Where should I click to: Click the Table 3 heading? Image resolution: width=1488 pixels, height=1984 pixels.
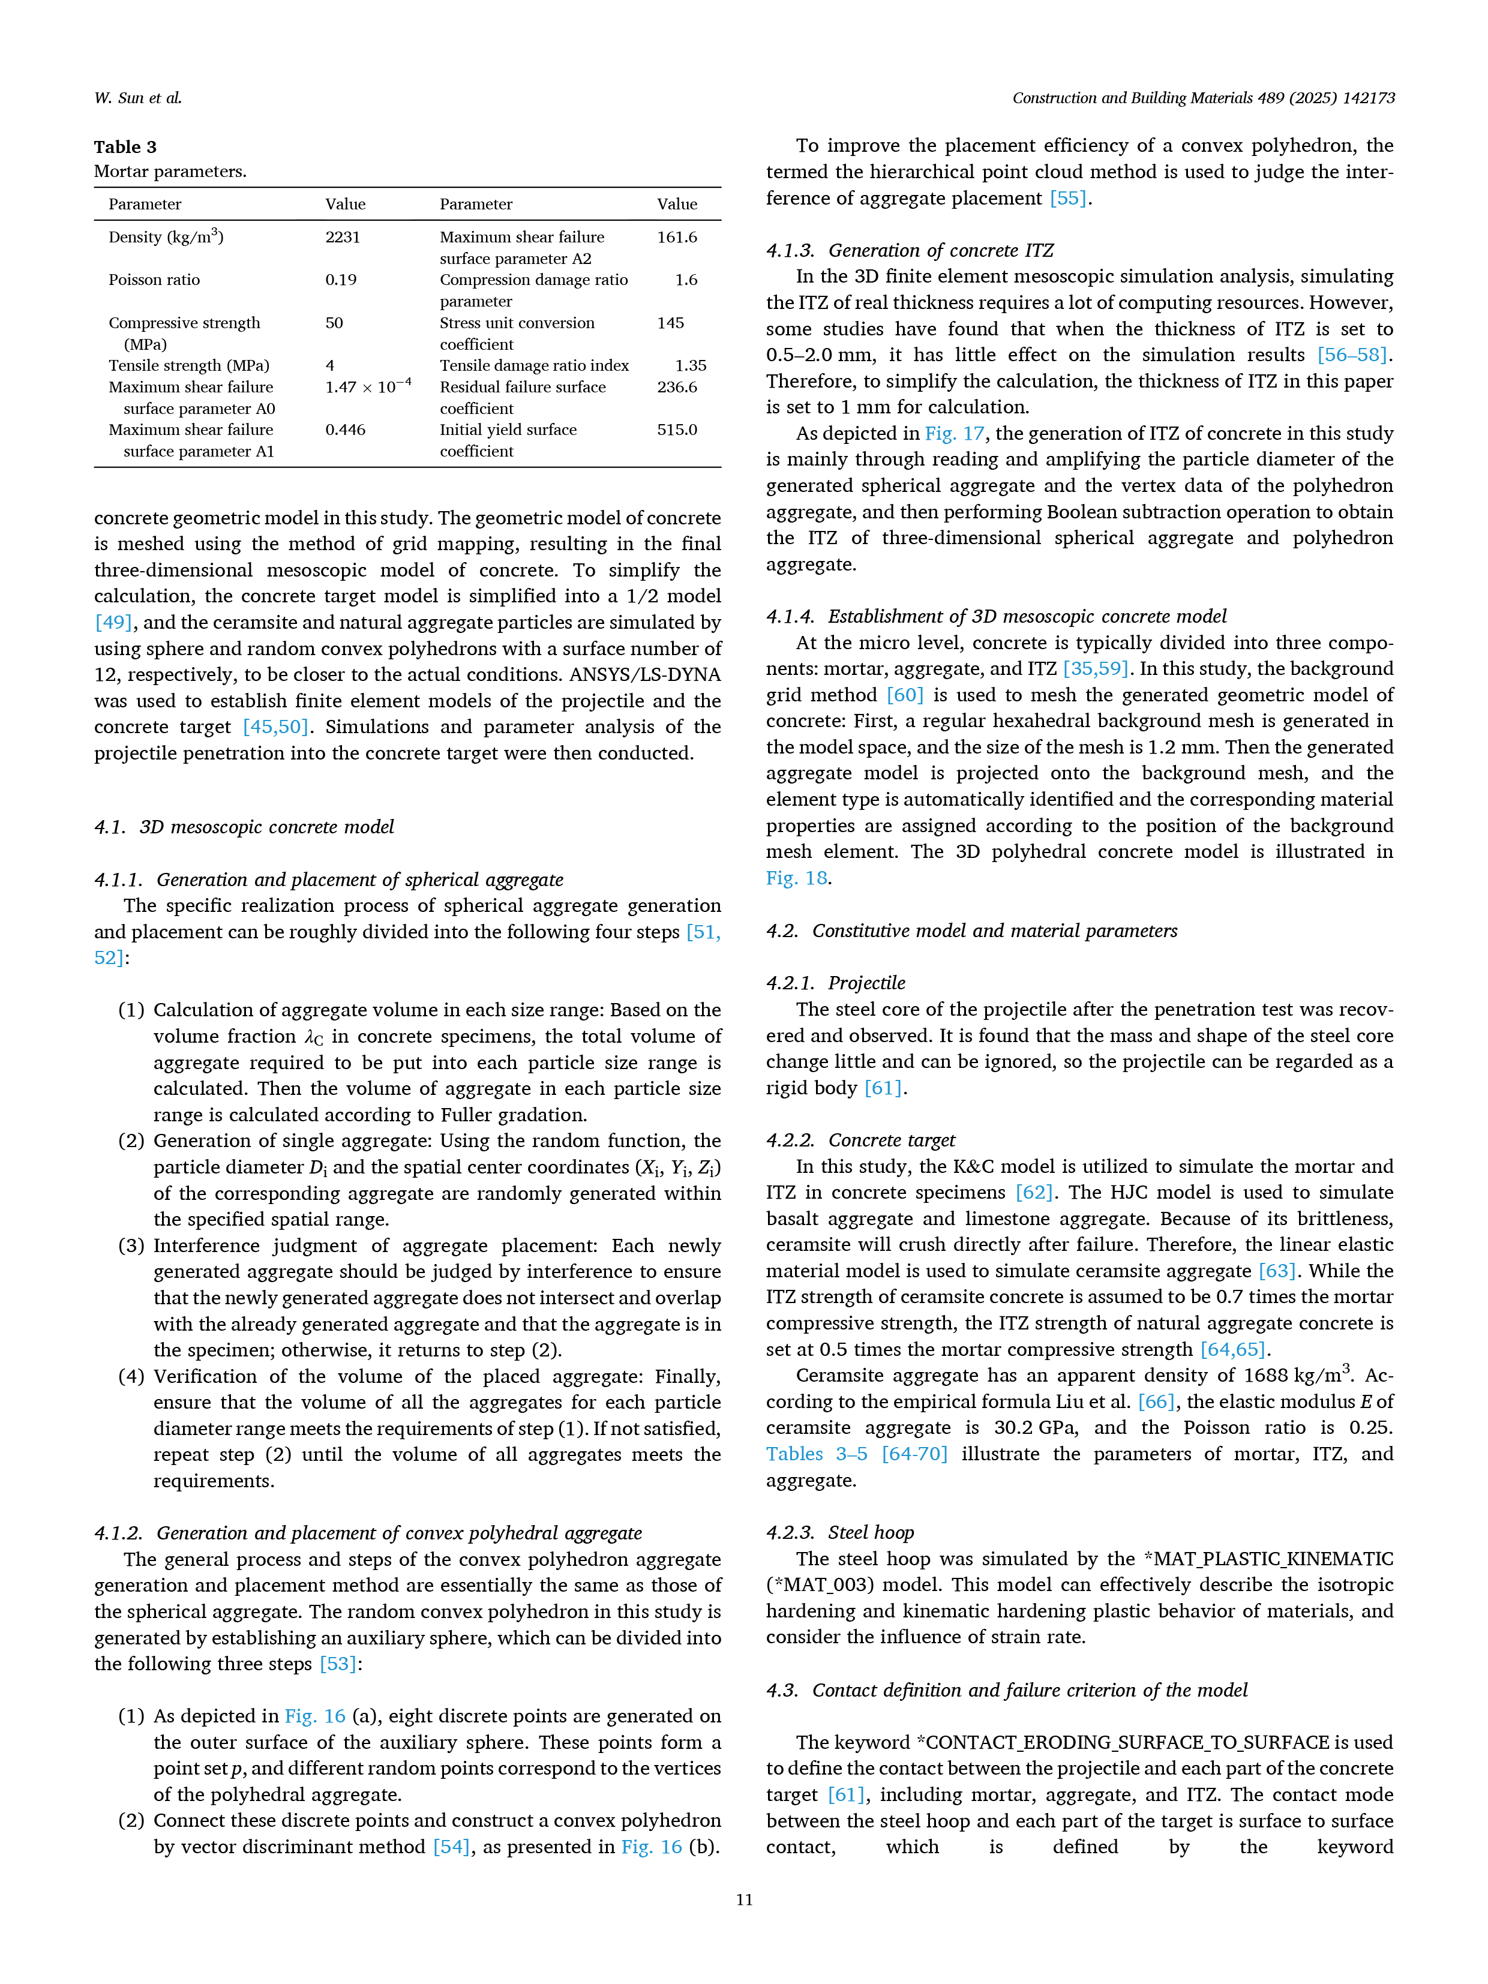125,147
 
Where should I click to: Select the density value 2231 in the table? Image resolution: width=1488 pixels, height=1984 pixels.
343,238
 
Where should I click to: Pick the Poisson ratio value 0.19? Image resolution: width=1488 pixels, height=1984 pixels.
341,280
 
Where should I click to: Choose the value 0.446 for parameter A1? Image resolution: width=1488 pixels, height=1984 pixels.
346,430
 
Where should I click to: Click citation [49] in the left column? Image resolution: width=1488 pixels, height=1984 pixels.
113,623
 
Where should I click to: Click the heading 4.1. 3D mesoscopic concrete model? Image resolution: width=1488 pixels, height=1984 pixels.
244,827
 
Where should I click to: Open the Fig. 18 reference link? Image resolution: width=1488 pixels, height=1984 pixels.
796,878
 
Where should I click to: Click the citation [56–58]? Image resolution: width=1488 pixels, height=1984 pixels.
1352,355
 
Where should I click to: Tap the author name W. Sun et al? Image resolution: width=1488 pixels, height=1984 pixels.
138,98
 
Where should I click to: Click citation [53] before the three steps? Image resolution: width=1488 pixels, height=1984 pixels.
338,1664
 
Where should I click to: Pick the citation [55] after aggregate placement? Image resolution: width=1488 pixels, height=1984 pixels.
1067,198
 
